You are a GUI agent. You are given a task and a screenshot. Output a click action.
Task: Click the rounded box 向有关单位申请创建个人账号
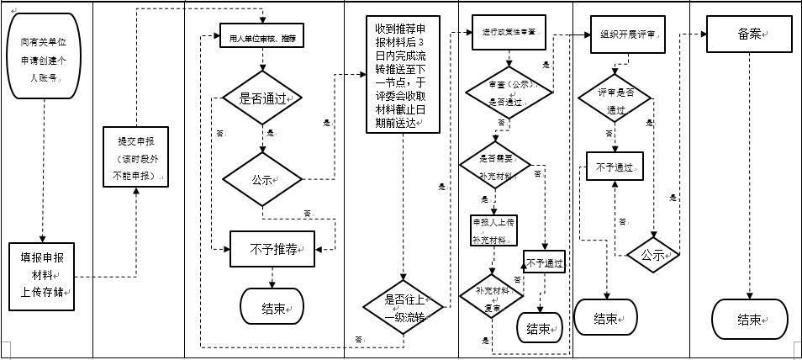(x=46, y=55)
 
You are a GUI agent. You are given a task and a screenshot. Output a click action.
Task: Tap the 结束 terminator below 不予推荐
(x=273, y=307)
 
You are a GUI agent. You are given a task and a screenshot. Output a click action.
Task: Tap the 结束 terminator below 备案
(x=750, y=320)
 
